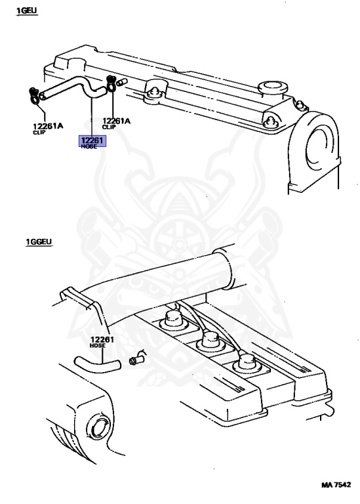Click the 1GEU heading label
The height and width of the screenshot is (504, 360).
[27, 10]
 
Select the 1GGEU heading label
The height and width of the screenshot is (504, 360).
[39, 241]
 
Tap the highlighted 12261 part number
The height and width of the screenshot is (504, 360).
[92, 140]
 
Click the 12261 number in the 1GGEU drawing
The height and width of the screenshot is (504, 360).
[102, 340]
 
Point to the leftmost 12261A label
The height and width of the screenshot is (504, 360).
[48, 126]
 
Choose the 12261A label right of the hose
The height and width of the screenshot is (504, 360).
[116, 121]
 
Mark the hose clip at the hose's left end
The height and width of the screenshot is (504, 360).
[33, 96]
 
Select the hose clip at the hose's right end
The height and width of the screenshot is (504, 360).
[111, 83]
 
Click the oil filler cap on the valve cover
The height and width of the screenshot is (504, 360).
[273, 88]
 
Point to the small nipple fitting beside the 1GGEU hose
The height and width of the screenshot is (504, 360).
[137, 358]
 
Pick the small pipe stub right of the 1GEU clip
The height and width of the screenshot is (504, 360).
[122, 82]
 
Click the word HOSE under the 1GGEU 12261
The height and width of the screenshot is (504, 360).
[97, 346]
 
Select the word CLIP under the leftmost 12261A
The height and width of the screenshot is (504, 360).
[39, 132]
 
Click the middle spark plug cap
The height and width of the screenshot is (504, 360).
[210, 342]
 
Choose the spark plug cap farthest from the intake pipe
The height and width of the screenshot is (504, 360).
[247, 364]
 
